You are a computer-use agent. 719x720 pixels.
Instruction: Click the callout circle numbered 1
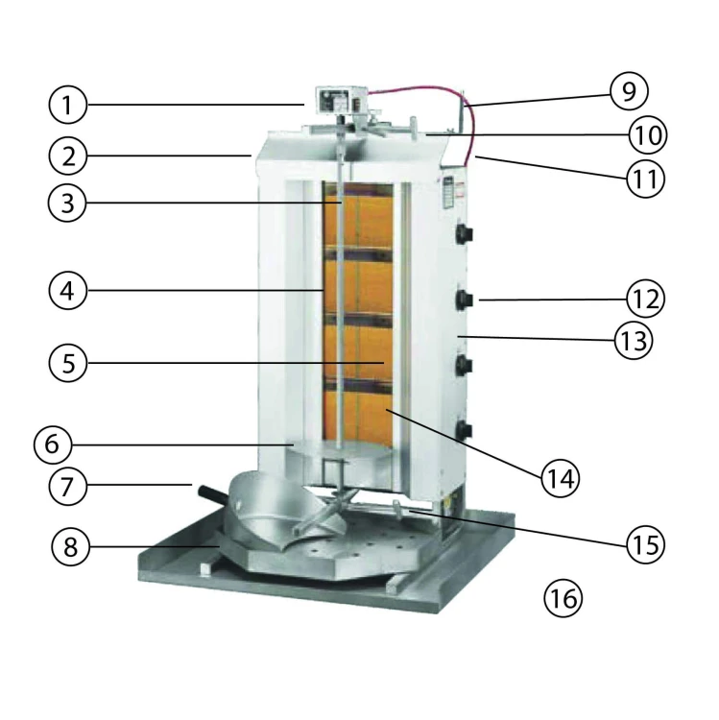pyautogui.click(x=68, y=105)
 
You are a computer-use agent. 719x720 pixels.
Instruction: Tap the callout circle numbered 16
pyautogui.click(x=563, y=598)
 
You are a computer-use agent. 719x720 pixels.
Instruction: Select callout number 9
pyautogui.click(x=629, y=91)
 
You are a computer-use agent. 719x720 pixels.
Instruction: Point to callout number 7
pyautogui.click(x=68, y=487)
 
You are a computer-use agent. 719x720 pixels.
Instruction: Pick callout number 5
pyautogui.click(x=68, y=363)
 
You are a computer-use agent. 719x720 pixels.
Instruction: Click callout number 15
pyautogui.click(x=644, y=543)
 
